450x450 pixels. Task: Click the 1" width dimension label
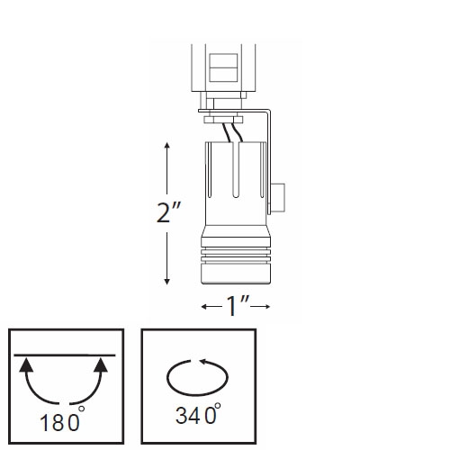237,307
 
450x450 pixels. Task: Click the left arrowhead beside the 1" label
206,308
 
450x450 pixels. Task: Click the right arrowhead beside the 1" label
267,308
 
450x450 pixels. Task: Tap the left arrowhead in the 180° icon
25,364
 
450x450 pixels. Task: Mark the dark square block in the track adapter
224,67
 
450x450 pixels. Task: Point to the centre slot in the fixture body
235,175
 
